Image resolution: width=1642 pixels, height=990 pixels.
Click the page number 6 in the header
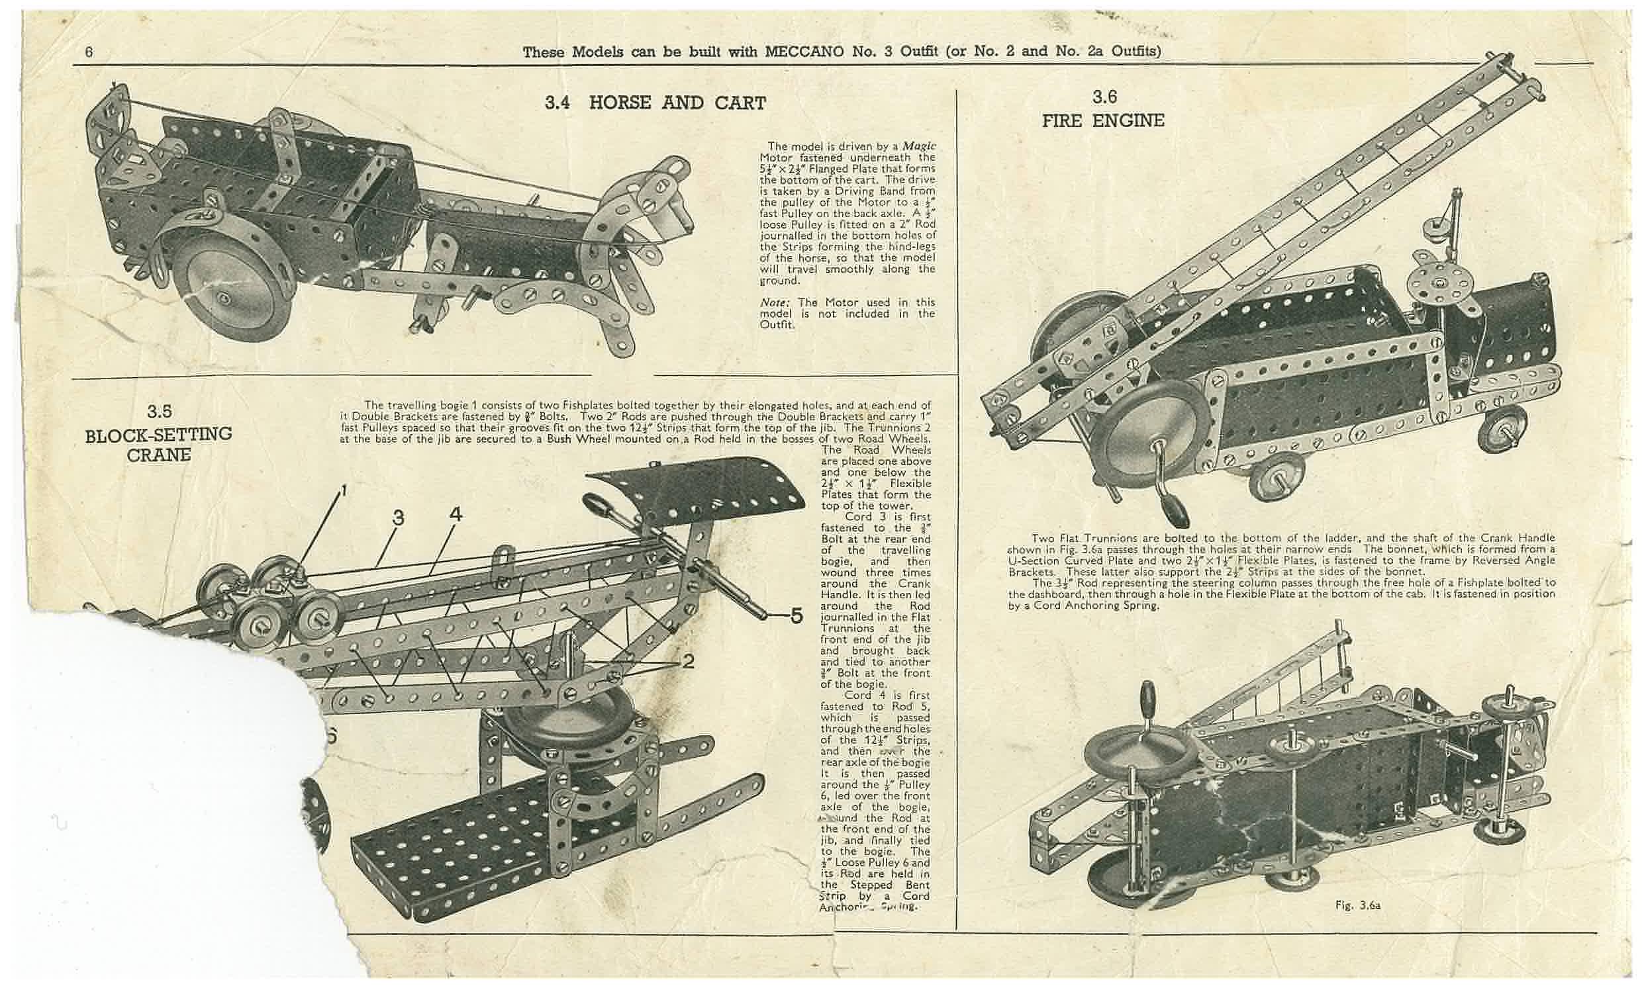click(x=89, y=53)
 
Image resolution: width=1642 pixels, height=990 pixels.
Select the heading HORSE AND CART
click(x=677, y=103)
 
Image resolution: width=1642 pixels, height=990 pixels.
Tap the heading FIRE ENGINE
click(x=1103, y=120)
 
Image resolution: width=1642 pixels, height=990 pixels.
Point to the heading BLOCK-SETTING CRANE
click(x=159, y=443)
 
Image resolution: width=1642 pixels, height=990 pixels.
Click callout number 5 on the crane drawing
click(x=796, y=616)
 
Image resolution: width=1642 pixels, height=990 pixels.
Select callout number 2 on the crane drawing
click(x=688, y=662)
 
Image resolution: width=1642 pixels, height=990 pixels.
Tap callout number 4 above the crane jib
click(x=456, y=515)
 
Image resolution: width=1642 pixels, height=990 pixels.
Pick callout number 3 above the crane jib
click(x=398, y=517)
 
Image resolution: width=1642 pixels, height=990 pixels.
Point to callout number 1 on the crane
click(x=344, y=491)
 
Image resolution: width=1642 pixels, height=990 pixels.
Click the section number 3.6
click(x=1104, y=97)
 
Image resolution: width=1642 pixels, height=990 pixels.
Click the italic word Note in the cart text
click(x=773, y=302)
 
